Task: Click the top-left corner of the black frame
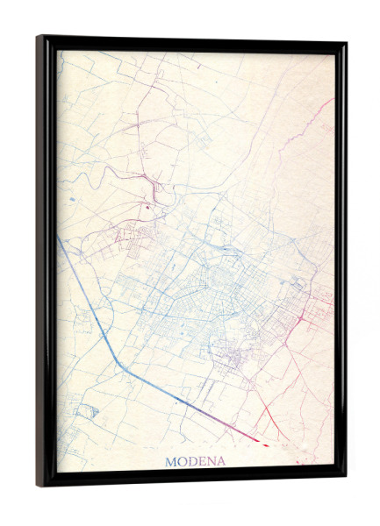pos(39,38)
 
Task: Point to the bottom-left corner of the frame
pos(39,484)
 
